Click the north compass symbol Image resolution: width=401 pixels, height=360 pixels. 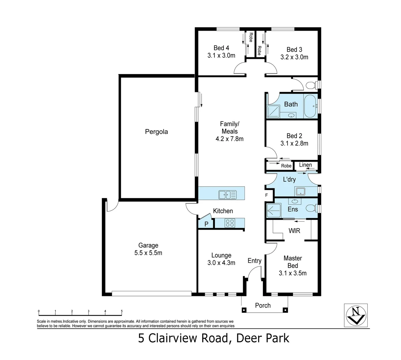[355, 315]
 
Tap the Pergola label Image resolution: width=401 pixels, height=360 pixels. [156, 132]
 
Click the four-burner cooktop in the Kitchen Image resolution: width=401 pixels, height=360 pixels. [229, 223]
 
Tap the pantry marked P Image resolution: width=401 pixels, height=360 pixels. [206, 224]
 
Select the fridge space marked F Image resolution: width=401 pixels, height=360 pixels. [267, 195]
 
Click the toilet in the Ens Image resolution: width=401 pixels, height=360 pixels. [311, 209]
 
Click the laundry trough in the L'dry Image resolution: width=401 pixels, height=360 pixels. [300, 191]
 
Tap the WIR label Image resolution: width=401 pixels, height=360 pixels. [294, 230]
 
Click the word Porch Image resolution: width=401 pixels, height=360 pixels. [263, 305]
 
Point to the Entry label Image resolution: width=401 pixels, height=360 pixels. [254, 261]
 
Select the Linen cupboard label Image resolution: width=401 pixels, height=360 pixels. [305, 165]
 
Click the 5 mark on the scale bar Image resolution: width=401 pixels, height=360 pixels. [122, 311]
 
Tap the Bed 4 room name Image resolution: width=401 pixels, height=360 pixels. [221, 48]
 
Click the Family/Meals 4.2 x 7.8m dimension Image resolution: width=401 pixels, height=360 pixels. [229, 139]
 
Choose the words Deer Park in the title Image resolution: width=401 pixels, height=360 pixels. [263, 338]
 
